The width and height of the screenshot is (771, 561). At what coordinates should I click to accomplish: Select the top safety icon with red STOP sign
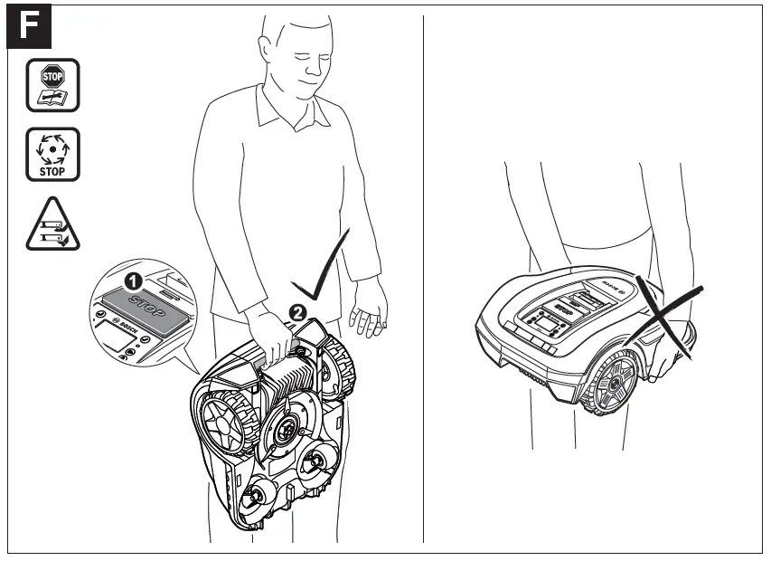[52, 85]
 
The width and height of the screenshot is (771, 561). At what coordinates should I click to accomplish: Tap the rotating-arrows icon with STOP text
[52, 154]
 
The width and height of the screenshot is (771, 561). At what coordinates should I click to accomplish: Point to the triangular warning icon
[52, 226]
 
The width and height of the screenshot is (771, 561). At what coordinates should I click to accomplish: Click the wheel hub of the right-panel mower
[615, 384]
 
